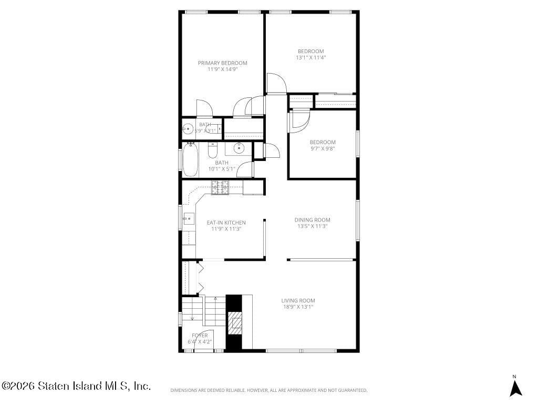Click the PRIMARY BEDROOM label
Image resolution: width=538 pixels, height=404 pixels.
[222, 63]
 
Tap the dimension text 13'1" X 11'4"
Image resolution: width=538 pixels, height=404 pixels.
[311, 58]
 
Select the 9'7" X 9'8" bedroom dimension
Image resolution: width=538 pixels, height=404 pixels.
[322, 149]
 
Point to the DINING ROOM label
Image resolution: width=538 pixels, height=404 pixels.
[312, 220]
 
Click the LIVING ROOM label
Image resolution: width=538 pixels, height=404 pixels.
[298, 301]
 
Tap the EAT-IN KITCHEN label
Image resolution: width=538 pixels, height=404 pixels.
[226, 223]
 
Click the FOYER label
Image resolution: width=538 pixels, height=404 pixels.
[200, 336]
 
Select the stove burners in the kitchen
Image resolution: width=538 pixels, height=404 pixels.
[221, 187]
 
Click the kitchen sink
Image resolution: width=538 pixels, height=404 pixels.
[188, 218]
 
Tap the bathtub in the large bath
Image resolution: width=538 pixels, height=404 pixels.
[190, 159]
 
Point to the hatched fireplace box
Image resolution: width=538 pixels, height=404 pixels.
[235, 322]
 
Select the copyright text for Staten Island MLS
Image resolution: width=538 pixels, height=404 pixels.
[77, 386]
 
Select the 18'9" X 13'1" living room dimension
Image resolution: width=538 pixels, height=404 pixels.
[298, 307]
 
